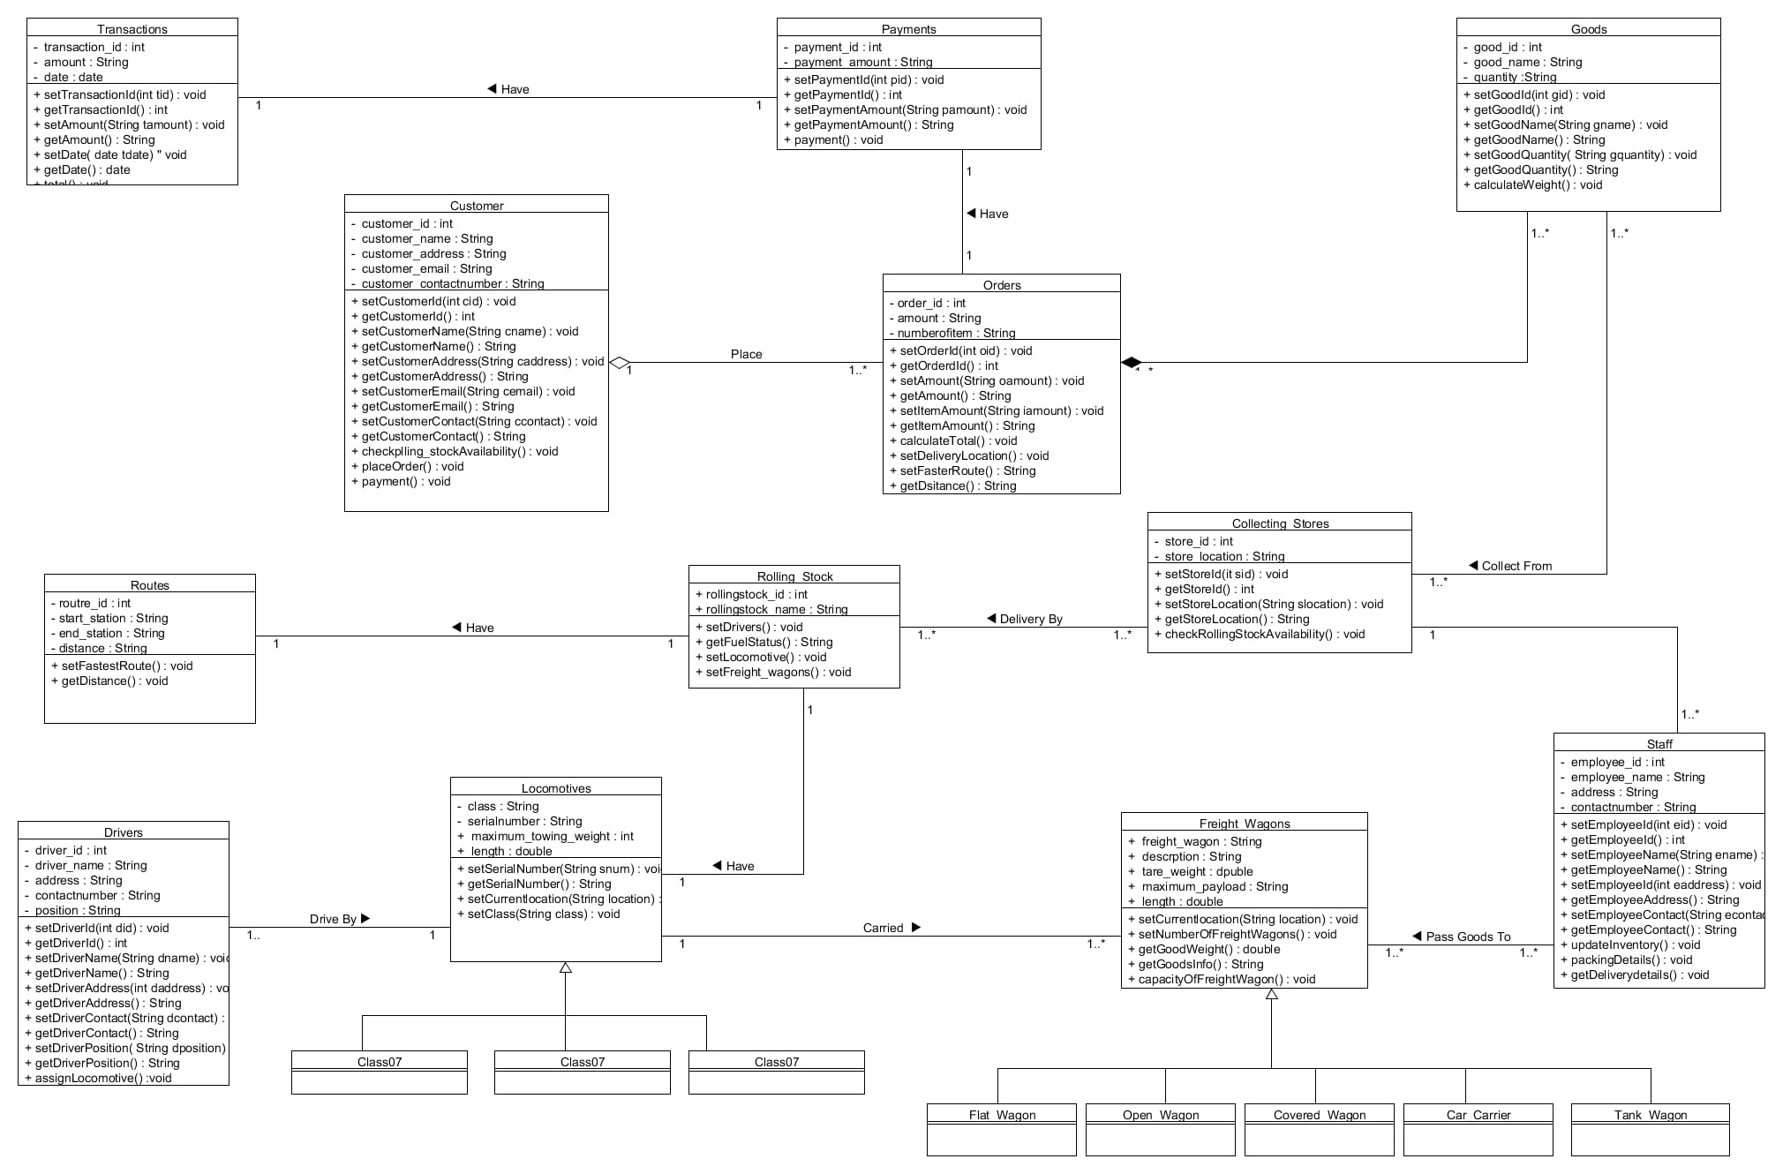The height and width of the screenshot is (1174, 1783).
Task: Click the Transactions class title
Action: (x=132, y=29)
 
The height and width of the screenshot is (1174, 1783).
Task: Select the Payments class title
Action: (x=908, y=29)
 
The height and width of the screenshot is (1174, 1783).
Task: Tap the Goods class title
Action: (x=1588, y=29)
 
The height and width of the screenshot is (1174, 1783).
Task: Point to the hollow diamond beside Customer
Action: (x=620, y=362)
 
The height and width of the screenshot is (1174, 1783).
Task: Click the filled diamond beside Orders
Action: (x=1132, y=362)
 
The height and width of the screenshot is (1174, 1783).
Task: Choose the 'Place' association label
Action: (x=746, y=354)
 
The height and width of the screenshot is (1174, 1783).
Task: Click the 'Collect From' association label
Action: (x=1516, y=566)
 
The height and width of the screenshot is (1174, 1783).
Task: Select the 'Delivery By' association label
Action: (x=1030, y=619)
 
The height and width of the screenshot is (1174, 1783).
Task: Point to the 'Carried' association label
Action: (x=883, y=928)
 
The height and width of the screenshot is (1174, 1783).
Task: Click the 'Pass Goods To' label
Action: (x=1468, y=937)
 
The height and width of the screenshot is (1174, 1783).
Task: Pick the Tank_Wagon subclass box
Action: (x=1650, y=1129)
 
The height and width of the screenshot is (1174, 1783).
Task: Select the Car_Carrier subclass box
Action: (x=1478, y=1129)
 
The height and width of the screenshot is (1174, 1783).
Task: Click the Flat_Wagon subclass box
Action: (x=1001, y=1129)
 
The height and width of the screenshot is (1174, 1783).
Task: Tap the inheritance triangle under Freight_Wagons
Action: (x=1271, y=994)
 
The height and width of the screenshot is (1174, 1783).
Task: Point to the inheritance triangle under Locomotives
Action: (x=566, y=967)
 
